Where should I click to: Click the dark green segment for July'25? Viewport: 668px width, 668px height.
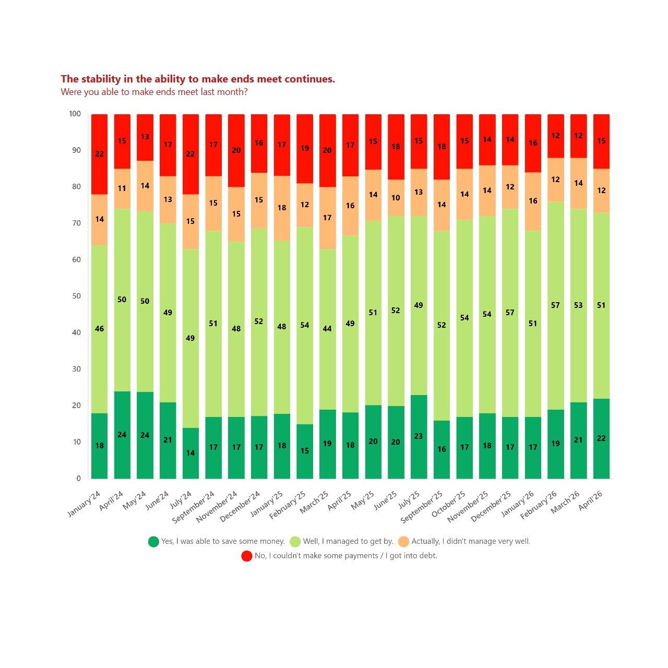pyautogui.click(x=419, y=436)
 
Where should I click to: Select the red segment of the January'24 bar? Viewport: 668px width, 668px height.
pyautogui.click(x=100, y=154)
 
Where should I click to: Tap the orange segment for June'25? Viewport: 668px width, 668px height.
pyautogui.click(x=396, y=198)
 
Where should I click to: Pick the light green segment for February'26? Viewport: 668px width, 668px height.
pyautogui.click(x=556, y=305)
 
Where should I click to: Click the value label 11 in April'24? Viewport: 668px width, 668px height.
pyautogui.click(x=122, y=188)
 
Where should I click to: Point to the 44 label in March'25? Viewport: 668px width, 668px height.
pyautogui.click(x=327, y=329)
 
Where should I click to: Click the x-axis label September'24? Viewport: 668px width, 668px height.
pyautogui.click(x=193, y=506)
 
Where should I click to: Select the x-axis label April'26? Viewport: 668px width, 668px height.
pyautogui.click(x=590, y=500)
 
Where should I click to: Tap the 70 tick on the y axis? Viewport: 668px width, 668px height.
pyautogui.click(x=76, y=223)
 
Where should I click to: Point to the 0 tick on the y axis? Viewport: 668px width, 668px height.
pyautogui.click(x=79, y=479)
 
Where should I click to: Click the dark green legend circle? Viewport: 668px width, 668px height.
pyautogui.click(x=153, y=542)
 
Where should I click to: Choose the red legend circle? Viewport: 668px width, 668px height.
pyautogui.click(x=247, y=556)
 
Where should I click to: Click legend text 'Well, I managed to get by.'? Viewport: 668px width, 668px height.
pyautogui.click(x=348, y=541)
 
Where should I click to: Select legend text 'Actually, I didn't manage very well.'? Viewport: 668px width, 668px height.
pyautogui.click(x=471, y=541)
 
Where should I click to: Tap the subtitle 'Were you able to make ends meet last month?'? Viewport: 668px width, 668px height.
pyautogui.click(x=154, y=92)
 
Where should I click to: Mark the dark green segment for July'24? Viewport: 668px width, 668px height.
pyautogui.click(x=190, y=453)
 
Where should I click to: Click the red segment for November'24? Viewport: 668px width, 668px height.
pyautogui.click(x=236, y=150)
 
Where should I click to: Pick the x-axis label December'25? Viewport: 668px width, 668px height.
pyautogui.click(x=491, y=506)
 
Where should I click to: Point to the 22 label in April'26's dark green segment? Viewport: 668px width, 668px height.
pyautogui.click(x=601, y=438)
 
